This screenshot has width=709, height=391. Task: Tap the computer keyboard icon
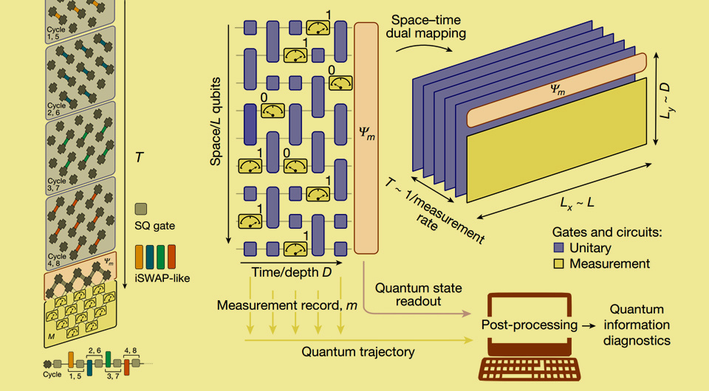(x=530, y=370)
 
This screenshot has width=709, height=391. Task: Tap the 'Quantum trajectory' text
(x=357, y=351)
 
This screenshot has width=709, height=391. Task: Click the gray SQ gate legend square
(x=143, y=210)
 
